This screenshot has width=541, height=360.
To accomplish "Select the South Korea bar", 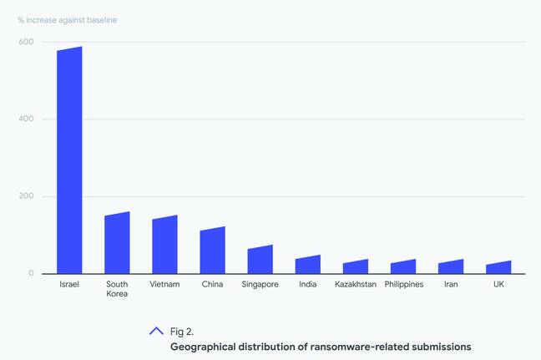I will click(x=117, y=244).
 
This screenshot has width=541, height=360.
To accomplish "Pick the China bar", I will click(x=212, y=251).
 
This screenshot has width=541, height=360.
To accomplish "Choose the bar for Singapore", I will click(x=260, y=261).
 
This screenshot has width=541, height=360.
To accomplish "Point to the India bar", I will click(x=307, y=266).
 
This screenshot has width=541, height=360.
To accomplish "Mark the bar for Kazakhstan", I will click(x=356, y=267).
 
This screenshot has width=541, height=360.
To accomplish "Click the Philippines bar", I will click(x=403, y=267).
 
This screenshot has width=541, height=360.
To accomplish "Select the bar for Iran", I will click(x=451, y=267).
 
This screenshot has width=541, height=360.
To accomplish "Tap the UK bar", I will click(x=498, y=268).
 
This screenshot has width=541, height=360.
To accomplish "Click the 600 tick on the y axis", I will click(x=27, y=42).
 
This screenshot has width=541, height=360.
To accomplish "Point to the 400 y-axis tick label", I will click(x=27, y=119).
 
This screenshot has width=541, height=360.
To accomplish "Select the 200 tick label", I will click(x=27, y=196).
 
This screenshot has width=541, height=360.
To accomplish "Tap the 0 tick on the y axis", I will click(x=31, y=273).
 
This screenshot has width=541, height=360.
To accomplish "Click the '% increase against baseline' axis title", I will click(x=67, y=19).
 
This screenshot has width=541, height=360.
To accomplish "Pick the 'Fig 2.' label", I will click(x=182, y=332).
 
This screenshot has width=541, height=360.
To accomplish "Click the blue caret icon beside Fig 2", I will click(x=156, y=331).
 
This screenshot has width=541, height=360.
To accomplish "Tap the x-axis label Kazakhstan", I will click(x=356, y=284).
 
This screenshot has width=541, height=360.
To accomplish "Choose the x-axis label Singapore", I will click(x=260, y=284).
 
